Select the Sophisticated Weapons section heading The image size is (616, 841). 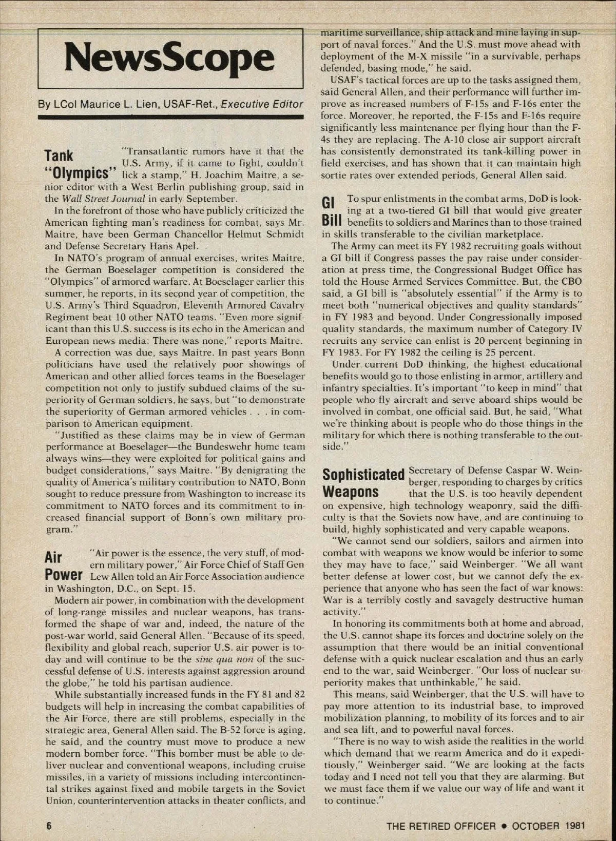[362, 482]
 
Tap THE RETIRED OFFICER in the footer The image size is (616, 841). [441, 826]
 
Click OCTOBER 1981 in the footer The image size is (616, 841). [549, 826]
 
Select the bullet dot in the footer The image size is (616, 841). [505, 826]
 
